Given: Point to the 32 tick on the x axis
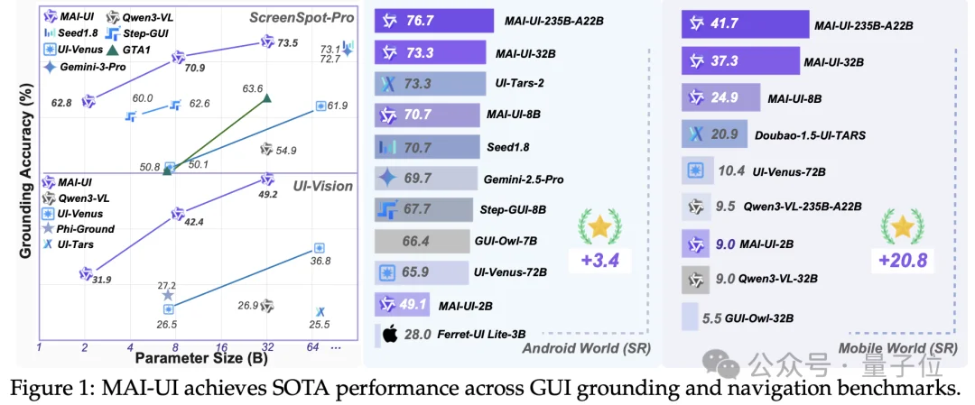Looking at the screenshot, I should [266, 346].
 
